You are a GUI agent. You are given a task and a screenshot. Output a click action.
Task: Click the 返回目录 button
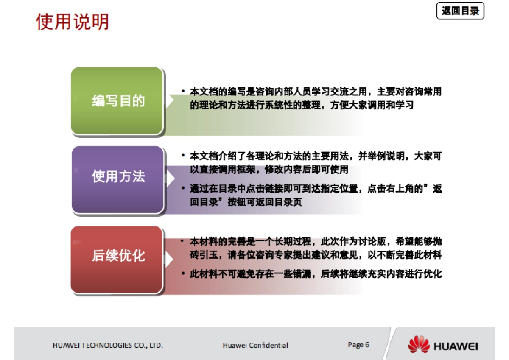pos(460,11)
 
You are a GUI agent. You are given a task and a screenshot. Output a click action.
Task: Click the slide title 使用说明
pos(73,22)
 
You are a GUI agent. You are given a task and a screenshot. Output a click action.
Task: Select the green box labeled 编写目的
pos(117,101)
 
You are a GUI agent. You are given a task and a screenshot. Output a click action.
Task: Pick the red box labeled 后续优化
pos(117,256)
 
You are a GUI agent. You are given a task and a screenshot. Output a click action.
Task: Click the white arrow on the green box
pos(169,101)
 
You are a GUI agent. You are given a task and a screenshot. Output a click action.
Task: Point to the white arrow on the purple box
pos(169,177)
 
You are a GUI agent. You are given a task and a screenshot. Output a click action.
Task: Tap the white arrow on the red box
pos(169,259)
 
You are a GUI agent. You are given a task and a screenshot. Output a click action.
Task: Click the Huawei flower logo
pos(419,344)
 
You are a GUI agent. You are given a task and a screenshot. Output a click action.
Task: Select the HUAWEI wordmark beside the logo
pos(456,346)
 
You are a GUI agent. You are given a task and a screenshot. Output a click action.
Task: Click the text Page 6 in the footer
pos(358,345)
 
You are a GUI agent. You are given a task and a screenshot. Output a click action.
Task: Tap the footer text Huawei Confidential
pos(255,345)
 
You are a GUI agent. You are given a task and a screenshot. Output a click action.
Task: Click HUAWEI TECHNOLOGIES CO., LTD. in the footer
pos(108,345)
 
